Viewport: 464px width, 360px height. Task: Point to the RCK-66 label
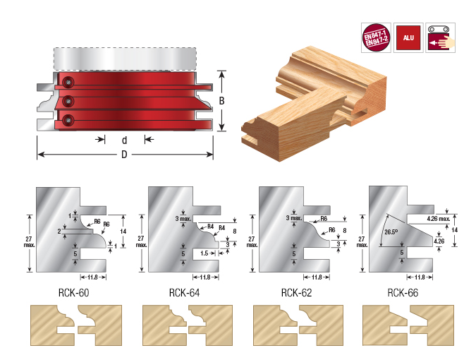click(x=403, y=290)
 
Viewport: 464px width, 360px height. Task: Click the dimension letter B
click(x=221, y=101)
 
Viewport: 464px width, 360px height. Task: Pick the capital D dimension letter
click(x=124, y=155)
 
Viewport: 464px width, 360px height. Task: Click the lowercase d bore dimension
click(x=124, y=140)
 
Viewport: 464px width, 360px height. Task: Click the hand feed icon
click(x=438, y=36)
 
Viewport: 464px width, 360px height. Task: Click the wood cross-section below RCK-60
click(x=74, y=325)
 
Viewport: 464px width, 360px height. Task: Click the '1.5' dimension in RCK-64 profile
click(x=204, y=253)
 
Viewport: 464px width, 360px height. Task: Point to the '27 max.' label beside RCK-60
click(x=28, y=242)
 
